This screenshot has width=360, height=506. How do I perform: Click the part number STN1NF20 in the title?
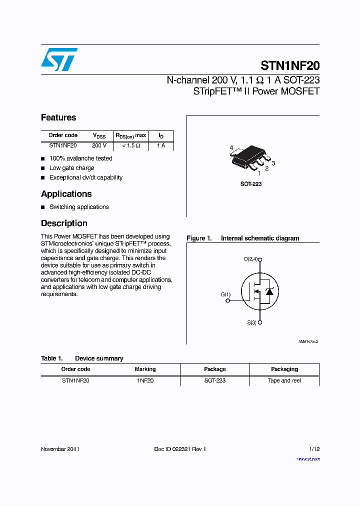coord(290,65)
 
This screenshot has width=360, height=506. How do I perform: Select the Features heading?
coord(58,118)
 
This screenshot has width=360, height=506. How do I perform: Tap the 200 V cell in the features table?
coord(99,145)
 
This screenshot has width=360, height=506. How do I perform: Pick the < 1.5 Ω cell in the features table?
coord(131,145)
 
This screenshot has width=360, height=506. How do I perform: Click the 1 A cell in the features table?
coord(161,145)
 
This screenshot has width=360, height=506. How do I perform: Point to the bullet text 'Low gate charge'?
coord(71,168)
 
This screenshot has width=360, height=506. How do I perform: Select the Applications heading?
coord(66,194)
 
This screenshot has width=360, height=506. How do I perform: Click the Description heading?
coord(64,223)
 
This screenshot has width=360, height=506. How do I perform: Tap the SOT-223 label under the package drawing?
coord(251,184)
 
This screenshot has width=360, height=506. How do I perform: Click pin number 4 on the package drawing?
coord(231,148)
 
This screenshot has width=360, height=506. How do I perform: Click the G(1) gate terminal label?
coord(226,295)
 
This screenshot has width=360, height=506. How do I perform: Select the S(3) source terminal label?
coord(251,323)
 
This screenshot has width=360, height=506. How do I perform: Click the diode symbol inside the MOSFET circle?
coord(269,291)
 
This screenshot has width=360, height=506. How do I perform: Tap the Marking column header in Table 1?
coord(145,369)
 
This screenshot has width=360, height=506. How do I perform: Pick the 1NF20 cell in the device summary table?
coord(145,380)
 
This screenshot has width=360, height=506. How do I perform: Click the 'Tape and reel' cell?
coord(284,380)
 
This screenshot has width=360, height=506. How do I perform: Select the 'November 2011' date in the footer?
coord(60,449)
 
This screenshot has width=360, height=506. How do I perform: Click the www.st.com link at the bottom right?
coord(308,458)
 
